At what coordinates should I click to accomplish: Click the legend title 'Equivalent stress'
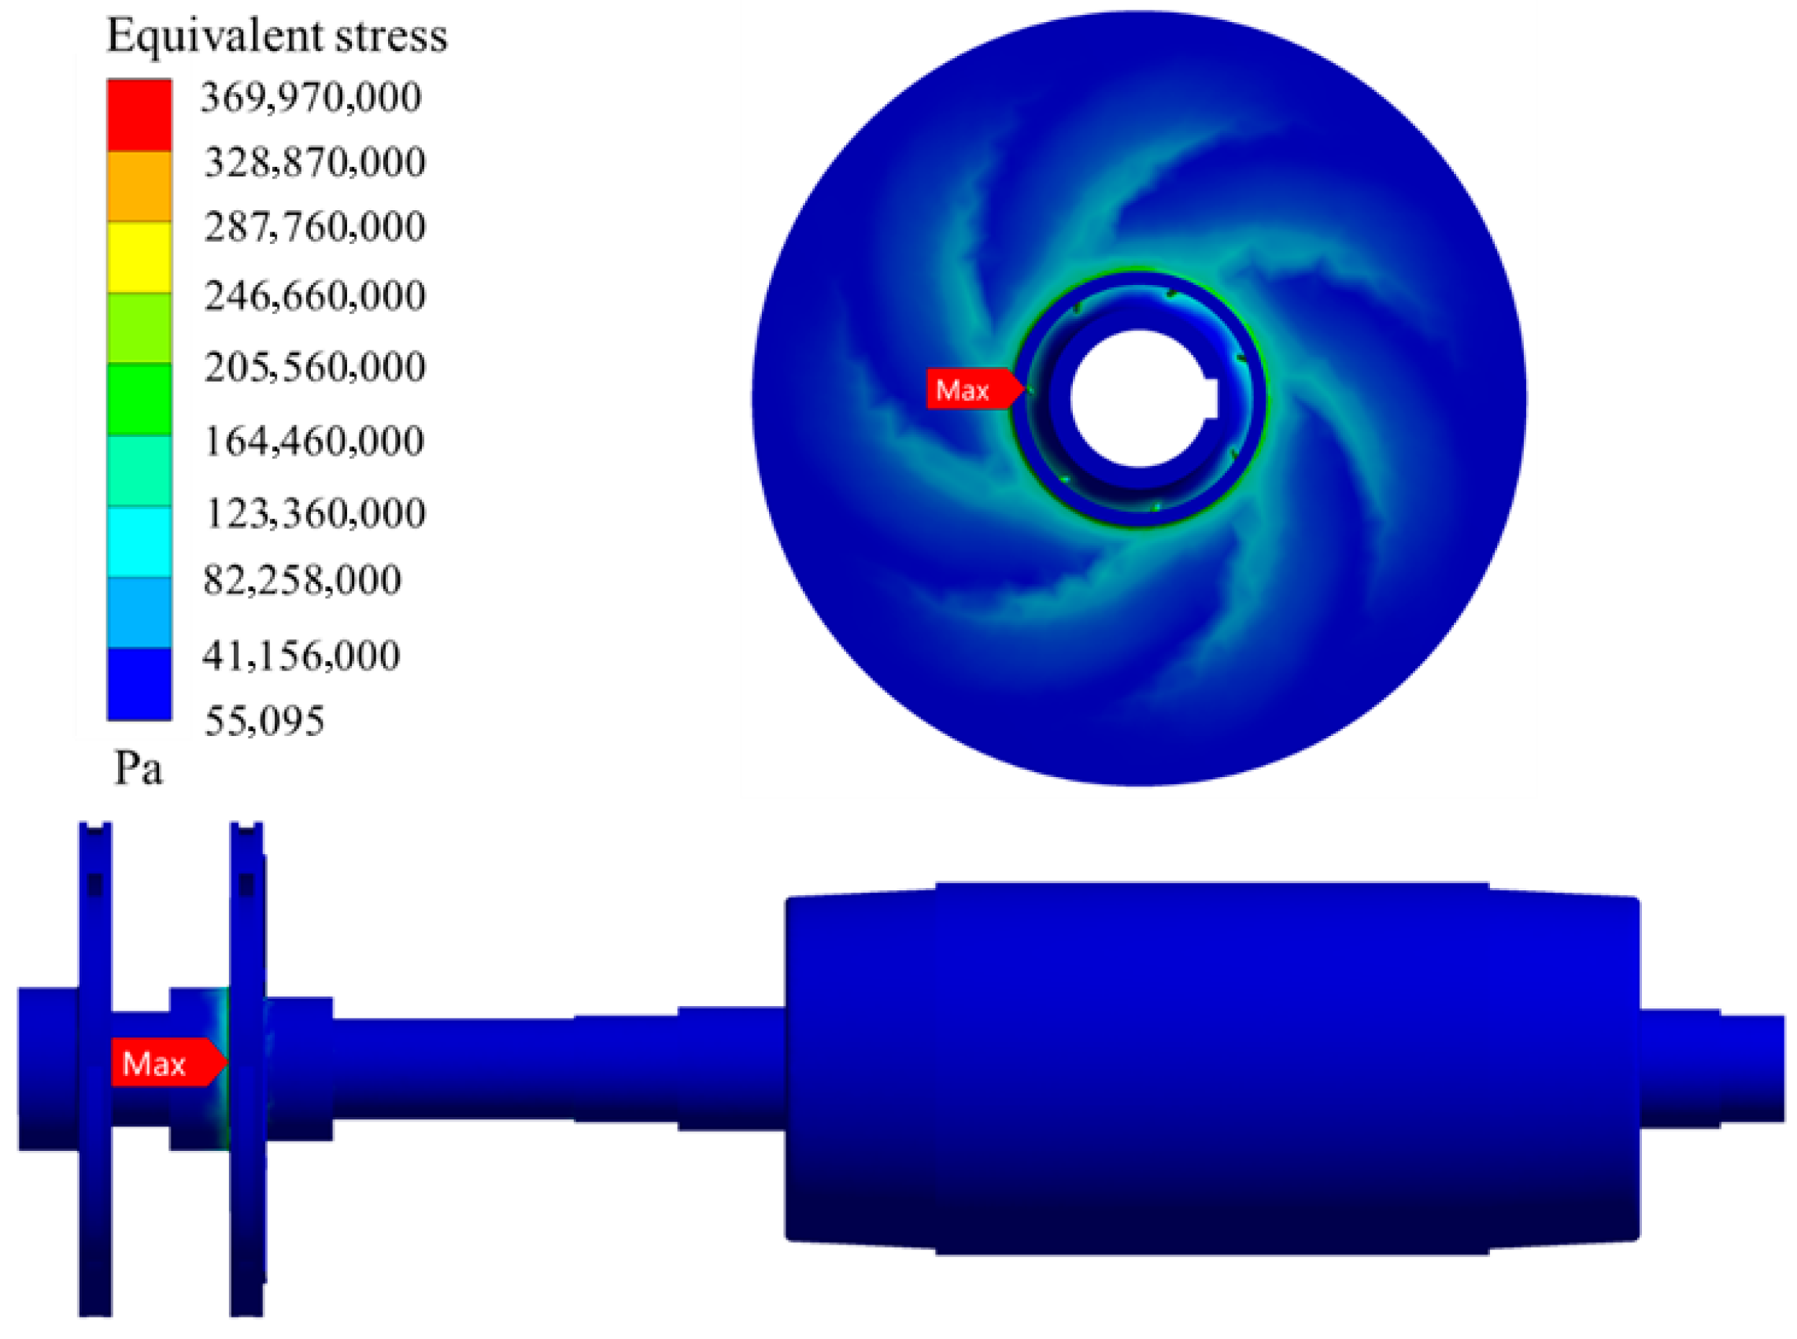[277, 35]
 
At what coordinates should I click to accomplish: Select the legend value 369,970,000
[311, 98]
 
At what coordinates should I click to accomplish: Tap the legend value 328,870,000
[315, 162]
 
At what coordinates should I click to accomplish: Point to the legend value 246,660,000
[315, 296]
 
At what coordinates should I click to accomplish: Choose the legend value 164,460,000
[315, 442]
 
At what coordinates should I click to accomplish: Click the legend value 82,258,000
[302, 580]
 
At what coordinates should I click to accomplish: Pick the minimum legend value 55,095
[265, 720]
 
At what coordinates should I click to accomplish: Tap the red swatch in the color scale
[139, 115]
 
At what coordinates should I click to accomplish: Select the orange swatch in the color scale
[139, 187]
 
